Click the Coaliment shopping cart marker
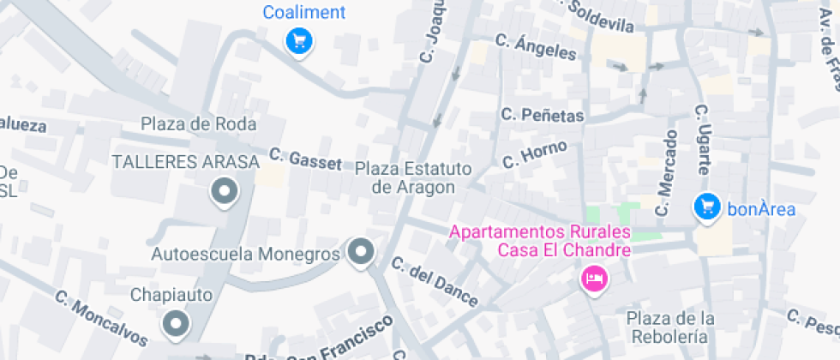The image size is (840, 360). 298,39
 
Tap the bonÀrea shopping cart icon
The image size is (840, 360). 706,206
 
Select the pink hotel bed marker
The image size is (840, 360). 594,278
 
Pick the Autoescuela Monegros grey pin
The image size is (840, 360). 361,252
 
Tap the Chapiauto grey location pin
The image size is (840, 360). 177,324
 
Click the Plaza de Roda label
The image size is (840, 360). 199,124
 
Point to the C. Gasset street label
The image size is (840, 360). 304,159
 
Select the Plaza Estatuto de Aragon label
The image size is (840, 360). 413,177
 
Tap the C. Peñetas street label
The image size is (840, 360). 543,115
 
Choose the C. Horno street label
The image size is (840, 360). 535,154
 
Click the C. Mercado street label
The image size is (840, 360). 665,173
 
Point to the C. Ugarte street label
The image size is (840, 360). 702,141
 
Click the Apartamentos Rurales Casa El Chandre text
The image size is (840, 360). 540,241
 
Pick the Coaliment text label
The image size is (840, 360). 304,12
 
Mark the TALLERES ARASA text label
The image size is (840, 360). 185,162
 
